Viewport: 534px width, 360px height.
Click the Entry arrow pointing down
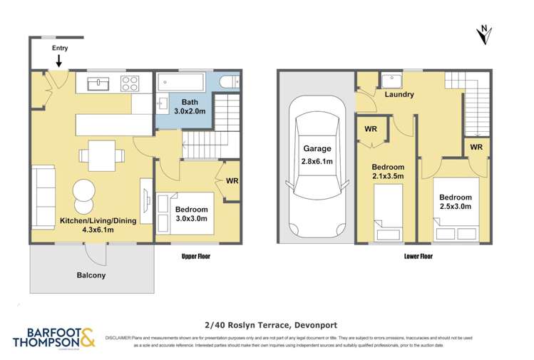tap(58, 63)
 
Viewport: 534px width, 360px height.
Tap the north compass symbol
tap(484, 33)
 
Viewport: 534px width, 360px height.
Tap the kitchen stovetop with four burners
tap(130, 83)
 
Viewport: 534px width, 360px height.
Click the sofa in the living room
tap(42, 197)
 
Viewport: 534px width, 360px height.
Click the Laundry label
tap(399, 95)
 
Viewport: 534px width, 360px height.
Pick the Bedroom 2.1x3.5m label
tap(389, 172)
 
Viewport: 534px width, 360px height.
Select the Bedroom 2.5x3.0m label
tap(455, 202)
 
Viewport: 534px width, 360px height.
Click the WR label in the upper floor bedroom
tap(232, 181)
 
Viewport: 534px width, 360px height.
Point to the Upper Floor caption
tap(195, 256)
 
